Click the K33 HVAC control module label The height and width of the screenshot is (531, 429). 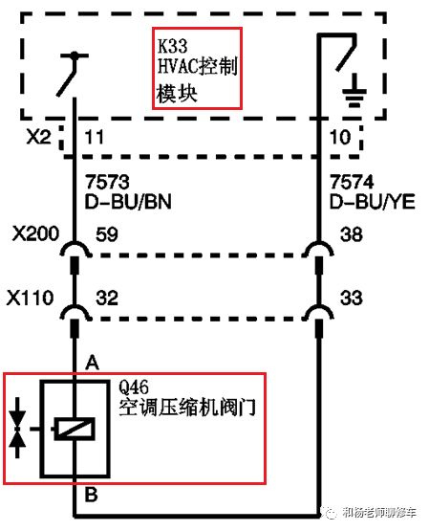[197, 67]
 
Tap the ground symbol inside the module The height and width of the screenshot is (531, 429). [354, 92]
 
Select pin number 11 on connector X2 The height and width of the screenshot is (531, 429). [96, 139]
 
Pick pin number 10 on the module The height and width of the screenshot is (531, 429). [339, 139]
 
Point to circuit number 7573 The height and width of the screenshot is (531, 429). [105, 182]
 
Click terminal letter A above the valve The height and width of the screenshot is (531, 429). [94, 362]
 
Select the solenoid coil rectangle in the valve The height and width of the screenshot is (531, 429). [74, 430]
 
